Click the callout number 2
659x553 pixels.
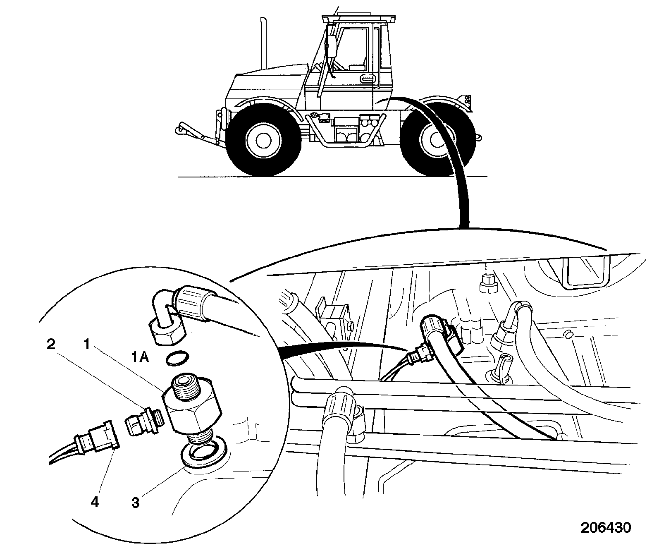[51, 344]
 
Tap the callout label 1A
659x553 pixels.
[140, 357]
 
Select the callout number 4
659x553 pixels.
[95, 502]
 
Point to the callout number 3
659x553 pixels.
[136, 503]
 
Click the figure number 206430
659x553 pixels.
[606, 527]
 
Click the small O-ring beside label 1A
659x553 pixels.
[177, 358]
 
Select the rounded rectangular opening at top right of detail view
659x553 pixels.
[587, 272]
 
